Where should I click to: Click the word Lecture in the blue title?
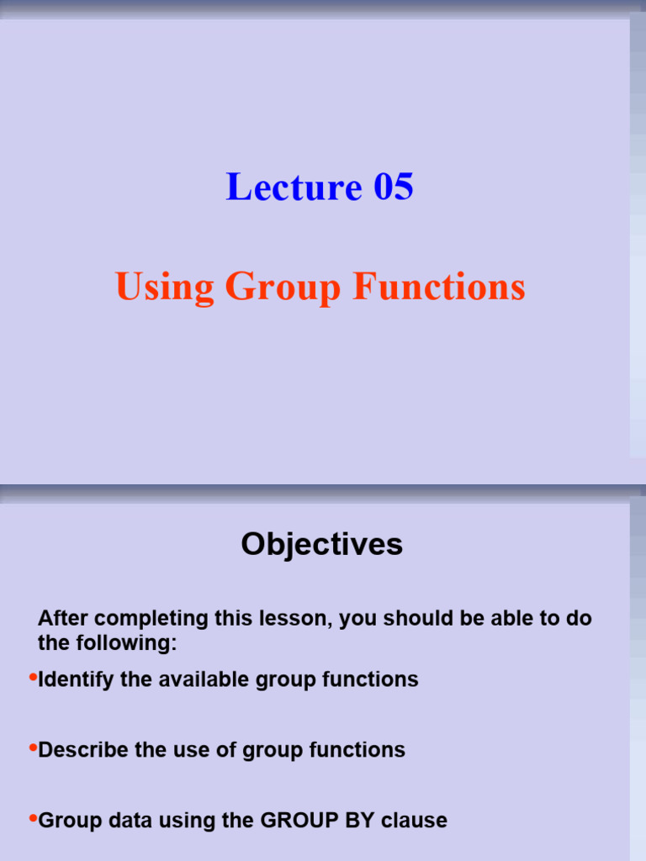click(294, 187)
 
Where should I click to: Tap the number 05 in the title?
click(394, 187)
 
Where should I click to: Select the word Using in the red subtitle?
click(164, 288)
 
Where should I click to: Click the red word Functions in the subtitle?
click(439, 286)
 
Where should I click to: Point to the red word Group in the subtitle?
click(283, 288)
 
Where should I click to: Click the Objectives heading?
click(322, 545)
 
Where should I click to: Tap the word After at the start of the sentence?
click(62, 618)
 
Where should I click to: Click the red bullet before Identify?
click(33, 677)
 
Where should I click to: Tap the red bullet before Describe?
click(33, 747)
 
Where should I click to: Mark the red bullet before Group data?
click(33, 817)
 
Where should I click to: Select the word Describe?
click(83, 750)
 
